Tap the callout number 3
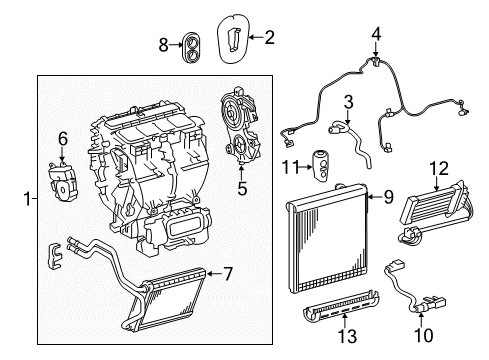pos(348,101)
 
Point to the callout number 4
pos(375,35)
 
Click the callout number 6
pos(62,139)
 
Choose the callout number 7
pos(227,273)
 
